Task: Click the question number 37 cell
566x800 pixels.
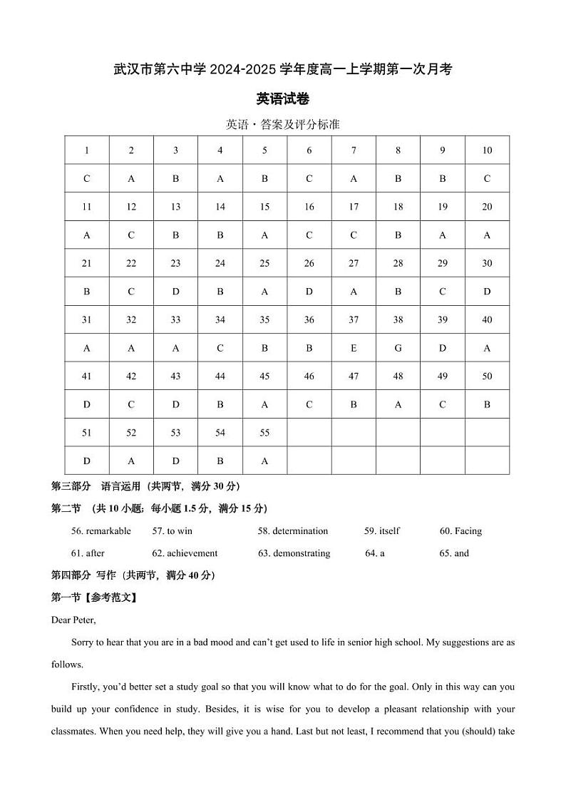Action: [354, 320]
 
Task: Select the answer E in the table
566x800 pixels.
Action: [354, 348]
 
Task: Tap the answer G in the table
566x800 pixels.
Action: [398, 348]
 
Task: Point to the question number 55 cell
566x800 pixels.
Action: [264, 433]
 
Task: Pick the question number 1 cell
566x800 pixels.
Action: [87, 150]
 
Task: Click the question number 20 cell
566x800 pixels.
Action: [487, 207]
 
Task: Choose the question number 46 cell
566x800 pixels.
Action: [309, 376]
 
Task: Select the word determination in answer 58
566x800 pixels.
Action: [300, 531]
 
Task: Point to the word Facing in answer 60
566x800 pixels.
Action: [468, 531]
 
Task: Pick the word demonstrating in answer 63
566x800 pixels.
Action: [302, 553]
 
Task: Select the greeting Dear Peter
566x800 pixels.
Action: [73, 620]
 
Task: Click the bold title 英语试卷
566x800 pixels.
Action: [282, 99]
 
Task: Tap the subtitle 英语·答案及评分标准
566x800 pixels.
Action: [282, 125]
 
